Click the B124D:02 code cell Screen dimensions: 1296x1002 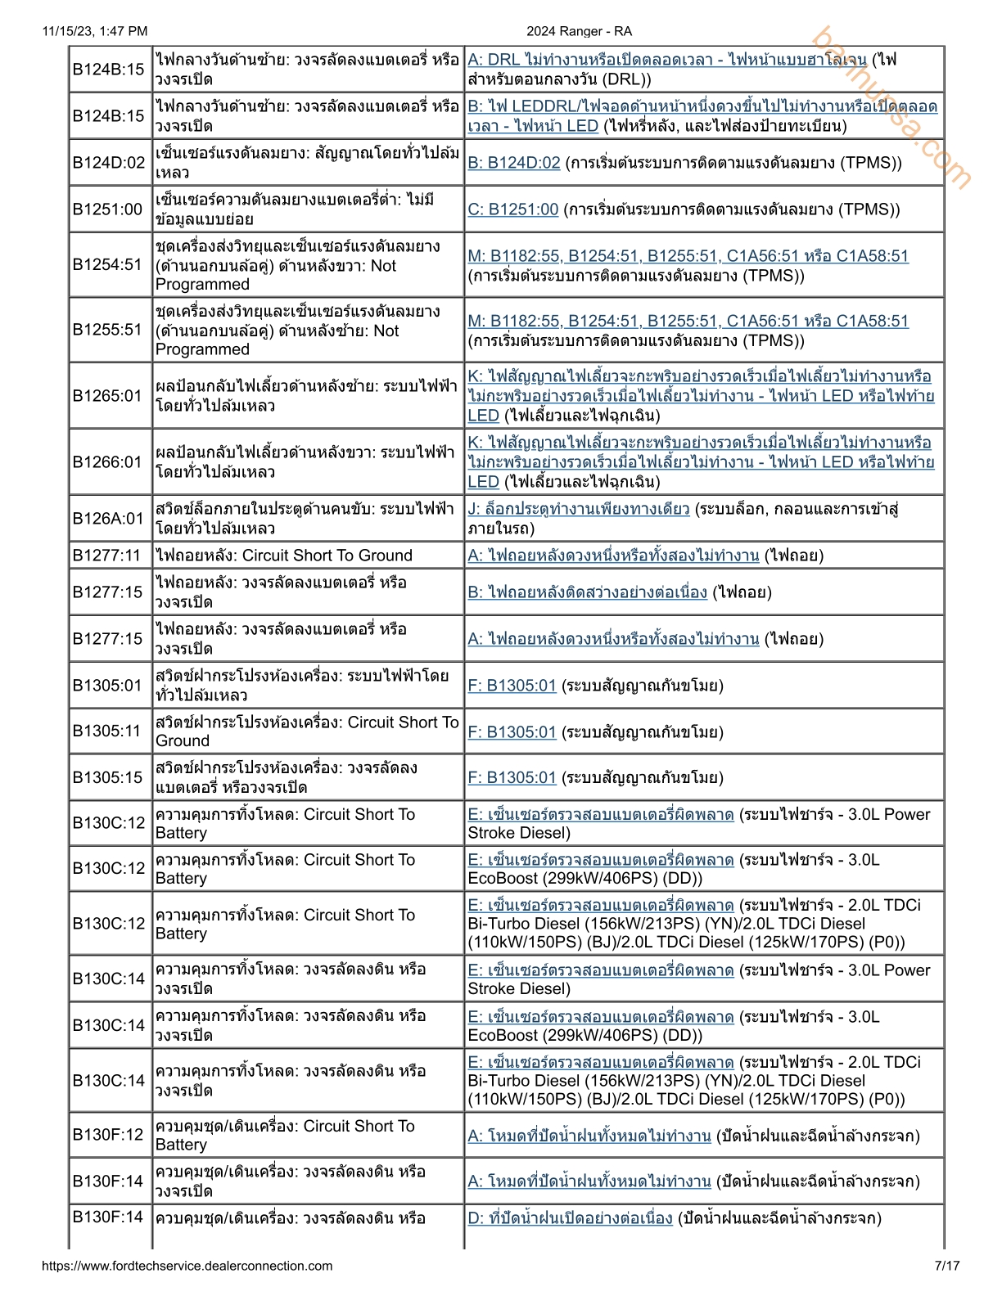point(109,163)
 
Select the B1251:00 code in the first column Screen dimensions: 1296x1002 point(107,209)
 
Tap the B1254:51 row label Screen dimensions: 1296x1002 point(107,265)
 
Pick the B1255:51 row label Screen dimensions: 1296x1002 point(107,330)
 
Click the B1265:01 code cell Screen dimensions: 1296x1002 point(107,396)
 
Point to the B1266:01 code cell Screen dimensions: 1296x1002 point(107,462)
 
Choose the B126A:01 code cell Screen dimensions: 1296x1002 point(108,519)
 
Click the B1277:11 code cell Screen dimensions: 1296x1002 point(107,556)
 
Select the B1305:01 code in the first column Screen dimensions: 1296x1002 point(107,686)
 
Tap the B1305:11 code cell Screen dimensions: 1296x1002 point(107,731)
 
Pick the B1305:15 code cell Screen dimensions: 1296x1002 point(107,777)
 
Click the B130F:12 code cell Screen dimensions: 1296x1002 point(108,1135)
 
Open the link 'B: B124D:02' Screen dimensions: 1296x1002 point(514,163)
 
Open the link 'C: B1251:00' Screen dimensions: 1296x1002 point(513,209)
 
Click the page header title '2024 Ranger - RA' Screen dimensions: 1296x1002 point(579,31)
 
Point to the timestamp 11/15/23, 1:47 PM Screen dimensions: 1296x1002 point(95,31)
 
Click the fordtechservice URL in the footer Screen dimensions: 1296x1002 point(187,1266)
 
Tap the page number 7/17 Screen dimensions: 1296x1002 point(947,1266)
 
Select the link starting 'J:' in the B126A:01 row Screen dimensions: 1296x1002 point(579,509)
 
